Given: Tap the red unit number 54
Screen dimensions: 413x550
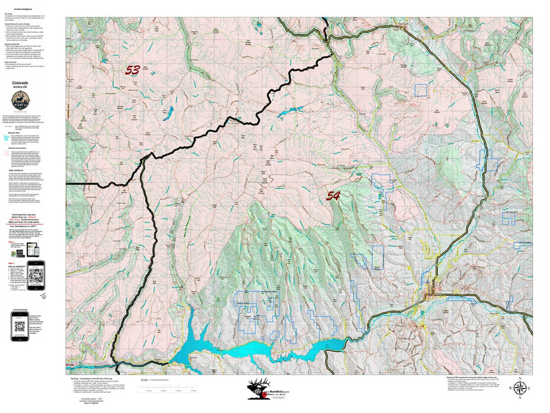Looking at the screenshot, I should tap(333, 196).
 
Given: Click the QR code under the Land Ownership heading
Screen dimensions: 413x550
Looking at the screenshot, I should tap(19, 327).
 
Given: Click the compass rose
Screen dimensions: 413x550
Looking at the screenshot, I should tap(519, 388).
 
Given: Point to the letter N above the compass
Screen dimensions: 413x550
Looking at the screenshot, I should tap(519, 378).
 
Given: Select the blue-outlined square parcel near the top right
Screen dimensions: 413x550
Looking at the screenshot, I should tap(420, 90).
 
